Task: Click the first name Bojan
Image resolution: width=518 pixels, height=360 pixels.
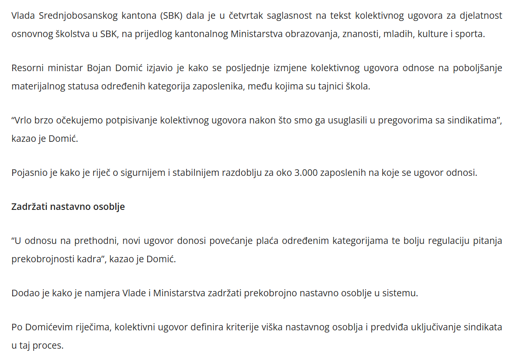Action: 99,68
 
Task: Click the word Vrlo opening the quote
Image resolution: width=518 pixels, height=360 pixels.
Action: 23,120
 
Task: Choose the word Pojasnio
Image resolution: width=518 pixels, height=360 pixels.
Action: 29,172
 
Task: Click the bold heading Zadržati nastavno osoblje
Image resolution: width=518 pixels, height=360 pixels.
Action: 68,206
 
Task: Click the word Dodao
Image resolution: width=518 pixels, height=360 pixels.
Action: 24,293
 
